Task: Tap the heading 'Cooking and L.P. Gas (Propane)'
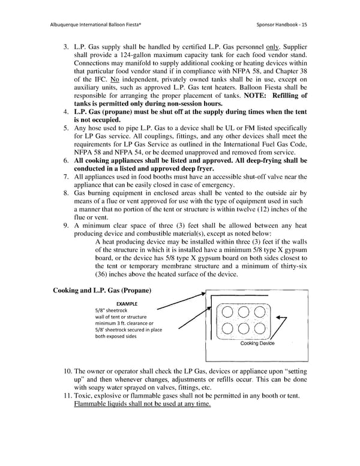[102, 291]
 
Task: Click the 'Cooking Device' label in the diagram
[257, 343]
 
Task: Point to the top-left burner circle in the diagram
[227, 313]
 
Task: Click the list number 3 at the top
[66, 46]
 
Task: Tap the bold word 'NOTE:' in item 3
[253, 95]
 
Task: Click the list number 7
[66, 177]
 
